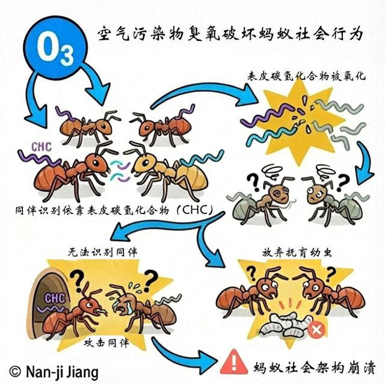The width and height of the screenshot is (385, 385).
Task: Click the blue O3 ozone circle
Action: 55,48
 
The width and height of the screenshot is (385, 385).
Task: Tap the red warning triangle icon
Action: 233,363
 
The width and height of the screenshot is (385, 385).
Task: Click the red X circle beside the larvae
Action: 316,329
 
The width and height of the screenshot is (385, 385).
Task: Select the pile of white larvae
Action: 285,325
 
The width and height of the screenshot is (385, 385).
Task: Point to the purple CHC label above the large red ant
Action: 42,147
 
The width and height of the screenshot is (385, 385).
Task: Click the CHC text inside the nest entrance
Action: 55,298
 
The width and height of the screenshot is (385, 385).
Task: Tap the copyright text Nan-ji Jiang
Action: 54,372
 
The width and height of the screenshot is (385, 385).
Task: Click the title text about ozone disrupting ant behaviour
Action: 230,34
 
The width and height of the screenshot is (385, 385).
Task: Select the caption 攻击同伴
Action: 106,343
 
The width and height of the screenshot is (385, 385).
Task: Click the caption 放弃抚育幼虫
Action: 297,253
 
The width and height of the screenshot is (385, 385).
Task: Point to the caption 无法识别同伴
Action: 103,252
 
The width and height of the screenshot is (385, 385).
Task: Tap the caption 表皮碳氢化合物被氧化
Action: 306,76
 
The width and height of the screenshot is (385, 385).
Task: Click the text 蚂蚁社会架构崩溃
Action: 315,368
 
